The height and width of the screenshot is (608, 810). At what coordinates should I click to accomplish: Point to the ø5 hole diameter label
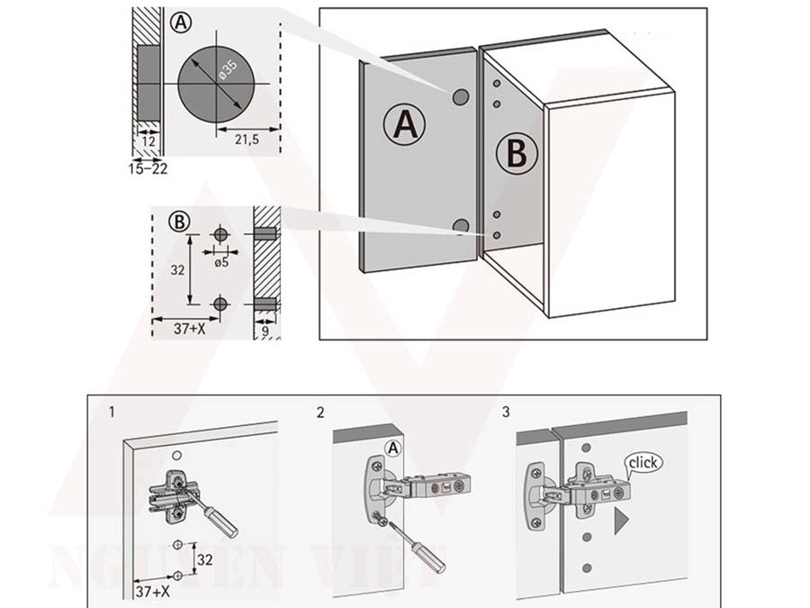[220, 262]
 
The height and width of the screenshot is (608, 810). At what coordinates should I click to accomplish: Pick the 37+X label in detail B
[188, 330]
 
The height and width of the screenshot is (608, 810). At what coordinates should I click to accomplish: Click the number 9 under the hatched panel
[265, 331]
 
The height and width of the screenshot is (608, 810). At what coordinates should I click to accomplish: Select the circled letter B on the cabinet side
[516, 154]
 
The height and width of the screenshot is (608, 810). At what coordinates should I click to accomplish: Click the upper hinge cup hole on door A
[460, 95]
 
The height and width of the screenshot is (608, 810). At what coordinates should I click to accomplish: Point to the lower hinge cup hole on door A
[462, 226]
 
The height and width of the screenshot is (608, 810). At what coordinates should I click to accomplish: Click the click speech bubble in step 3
[644, 463]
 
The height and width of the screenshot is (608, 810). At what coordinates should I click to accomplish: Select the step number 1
[111, 413]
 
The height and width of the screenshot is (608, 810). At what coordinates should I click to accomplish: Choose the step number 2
[320, 413]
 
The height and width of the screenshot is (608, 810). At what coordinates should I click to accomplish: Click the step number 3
[507, 413]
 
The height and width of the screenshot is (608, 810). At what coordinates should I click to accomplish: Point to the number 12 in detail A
[148, 141]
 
